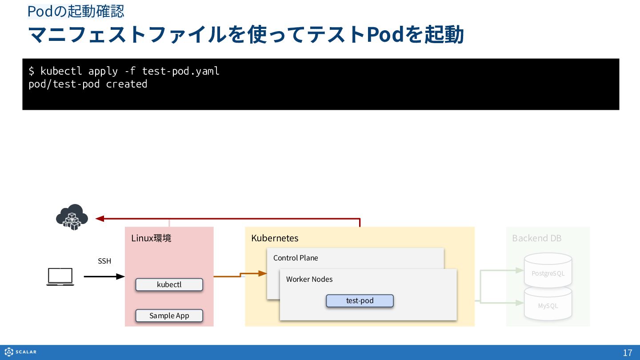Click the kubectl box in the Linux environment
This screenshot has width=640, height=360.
(169, 284)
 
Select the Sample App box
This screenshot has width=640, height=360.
(169, 316)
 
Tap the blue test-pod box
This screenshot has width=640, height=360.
(360, 301)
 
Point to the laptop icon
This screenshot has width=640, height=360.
(60, 276)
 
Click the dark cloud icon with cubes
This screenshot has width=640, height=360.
(72, 217)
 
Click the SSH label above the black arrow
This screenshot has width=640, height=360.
(104, 261)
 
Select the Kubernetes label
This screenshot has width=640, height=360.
(275, 238)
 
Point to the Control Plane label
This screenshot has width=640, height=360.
(296, 258)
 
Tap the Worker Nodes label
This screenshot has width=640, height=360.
(309, 279)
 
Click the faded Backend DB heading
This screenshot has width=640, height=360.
(536, 238)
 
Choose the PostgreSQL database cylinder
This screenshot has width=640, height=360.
(548, 270)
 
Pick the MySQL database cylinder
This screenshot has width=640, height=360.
(548, 304)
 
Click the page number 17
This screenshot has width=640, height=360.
(628, 353)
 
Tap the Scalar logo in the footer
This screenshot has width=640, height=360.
(20, 352)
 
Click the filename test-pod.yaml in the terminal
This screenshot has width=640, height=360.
(180, 71)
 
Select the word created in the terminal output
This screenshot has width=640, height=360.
(127, 84)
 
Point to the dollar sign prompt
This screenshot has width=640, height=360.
(32, 71)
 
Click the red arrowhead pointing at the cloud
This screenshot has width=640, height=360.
(100, 219)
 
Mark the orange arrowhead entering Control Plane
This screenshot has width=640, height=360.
(263, 273)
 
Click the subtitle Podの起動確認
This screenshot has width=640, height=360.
(76, 12)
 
